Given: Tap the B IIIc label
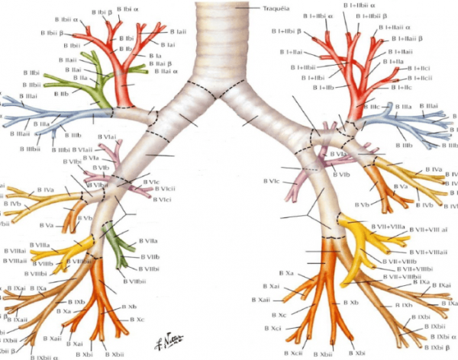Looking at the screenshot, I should pos(372,108).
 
